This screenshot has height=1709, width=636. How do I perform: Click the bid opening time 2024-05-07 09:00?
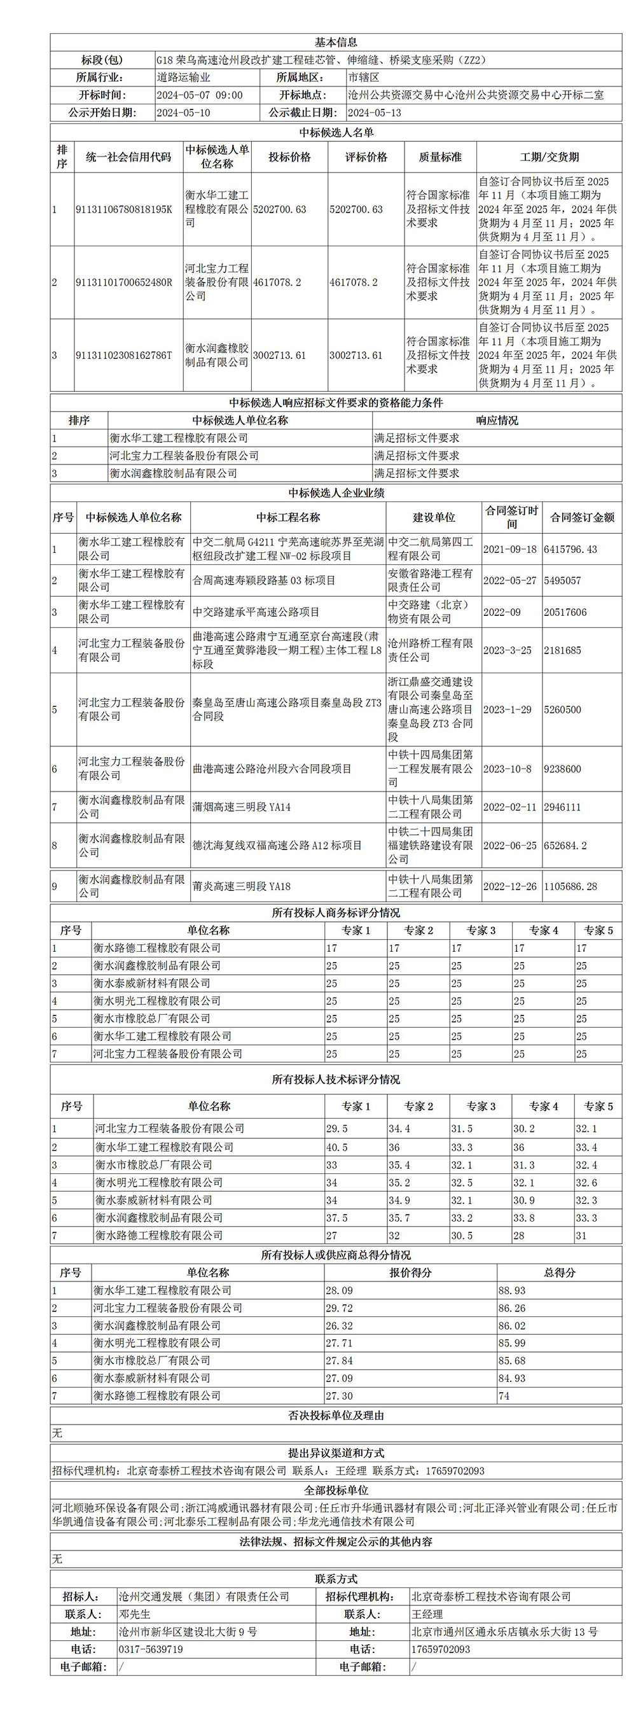200,95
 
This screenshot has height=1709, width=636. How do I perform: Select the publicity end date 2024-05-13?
374,113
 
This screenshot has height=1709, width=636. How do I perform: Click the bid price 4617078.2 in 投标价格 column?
277,283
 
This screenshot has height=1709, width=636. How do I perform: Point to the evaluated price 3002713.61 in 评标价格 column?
356,356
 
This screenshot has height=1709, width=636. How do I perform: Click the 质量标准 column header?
440,157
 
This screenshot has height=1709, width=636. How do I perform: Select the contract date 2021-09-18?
510,549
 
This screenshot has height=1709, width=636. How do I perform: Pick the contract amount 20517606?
565,612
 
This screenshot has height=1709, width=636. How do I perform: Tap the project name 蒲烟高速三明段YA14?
242,807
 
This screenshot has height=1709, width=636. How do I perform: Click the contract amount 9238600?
562,769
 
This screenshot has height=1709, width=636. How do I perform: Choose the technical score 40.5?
337,1147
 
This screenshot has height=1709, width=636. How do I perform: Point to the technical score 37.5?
337,1217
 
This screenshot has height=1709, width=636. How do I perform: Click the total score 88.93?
512,1290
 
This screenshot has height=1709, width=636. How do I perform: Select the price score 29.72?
340,1308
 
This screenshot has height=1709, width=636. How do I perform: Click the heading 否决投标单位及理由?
336,1415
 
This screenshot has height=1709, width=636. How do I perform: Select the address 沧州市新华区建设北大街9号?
188,1631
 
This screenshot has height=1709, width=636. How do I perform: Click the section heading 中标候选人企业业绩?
336,493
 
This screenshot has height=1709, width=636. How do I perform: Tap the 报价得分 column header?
410,1273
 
